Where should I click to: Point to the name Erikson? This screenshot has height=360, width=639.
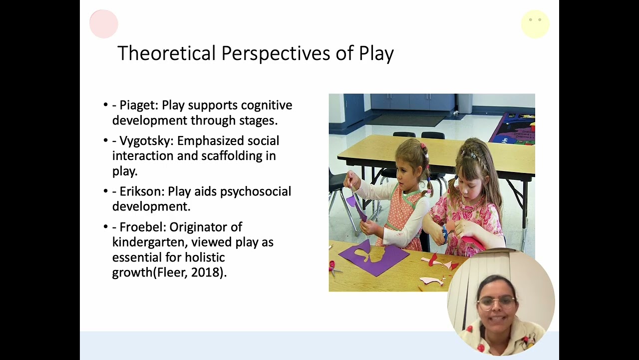[141, 191]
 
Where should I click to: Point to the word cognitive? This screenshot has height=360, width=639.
[267, 105]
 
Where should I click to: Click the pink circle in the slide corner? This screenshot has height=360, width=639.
[104, 23]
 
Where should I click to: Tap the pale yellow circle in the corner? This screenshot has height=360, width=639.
[535, 23]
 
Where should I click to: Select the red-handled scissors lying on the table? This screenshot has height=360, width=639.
[333, 268]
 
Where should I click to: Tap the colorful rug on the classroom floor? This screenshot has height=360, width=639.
[514, 129]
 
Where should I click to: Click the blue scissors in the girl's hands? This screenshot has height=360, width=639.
[444, 232]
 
